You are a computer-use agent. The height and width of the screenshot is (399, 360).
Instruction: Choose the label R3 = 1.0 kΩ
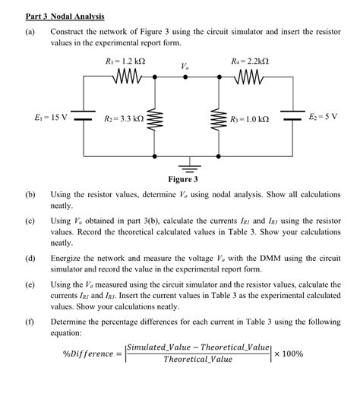click(x=250, y=119)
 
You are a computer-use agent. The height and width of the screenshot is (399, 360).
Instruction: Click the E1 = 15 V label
click(x=51, y=118)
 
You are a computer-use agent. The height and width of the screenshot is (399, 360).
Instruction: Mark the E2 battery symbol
click(x=292, y=118)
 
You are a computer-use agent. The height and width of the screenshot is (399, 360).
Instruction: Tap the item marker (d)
click(x=30, y=259)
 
